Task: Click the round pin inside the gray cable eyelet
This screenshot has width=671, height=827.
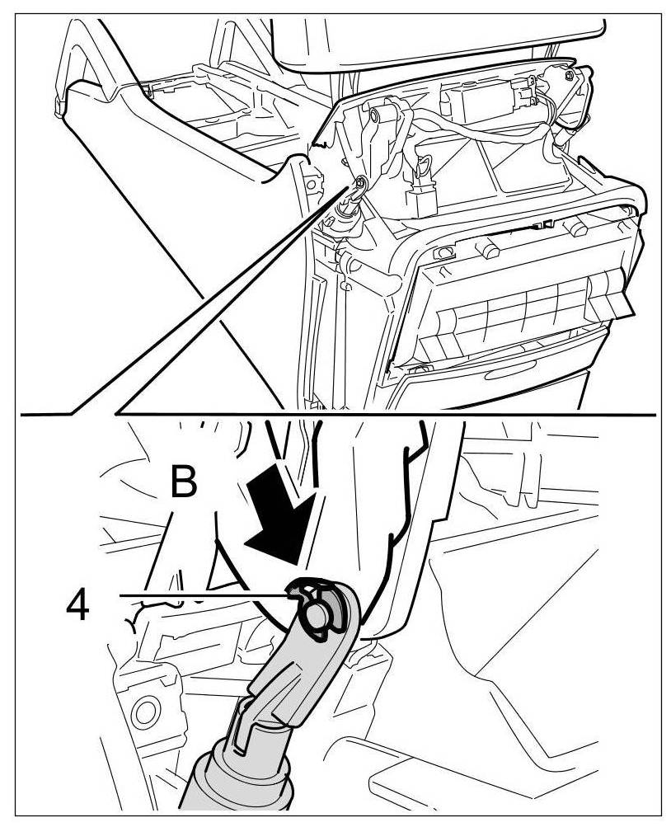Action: point(317,615)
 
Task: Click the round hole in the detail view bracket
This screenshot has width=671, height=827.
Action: point(147,708)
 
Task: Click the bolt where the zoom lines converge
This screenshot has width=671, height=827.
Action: point(360,183)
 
